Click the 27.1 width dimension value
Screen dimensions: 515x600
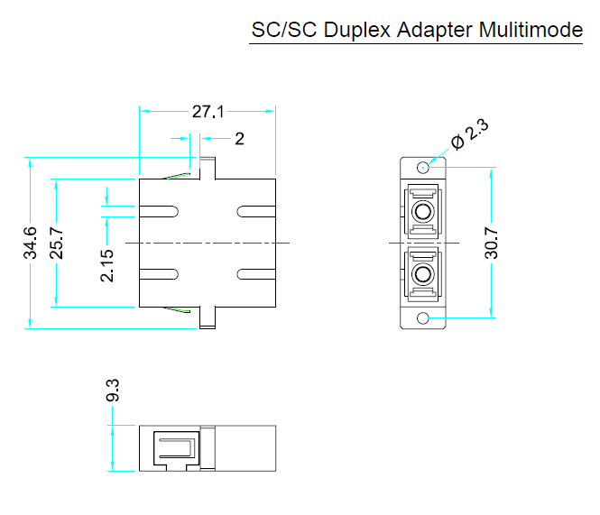(208, 112)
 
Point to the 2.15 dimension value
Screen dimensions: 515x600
(107, 264)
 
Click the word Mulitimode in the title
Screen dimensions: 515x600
(531, 30)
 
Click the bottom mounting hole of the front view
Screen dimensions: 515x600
(422, 318)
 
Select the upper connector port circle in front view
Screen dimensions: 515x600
(422, 214)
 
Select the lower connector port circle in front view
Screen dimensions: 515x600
(422, 274)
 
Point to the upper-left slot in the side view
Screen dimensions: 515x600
(159, 213)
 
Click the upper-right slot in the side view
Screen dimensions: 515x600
(255, 213)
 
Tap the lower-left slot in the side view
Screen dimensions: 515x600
(159, 274)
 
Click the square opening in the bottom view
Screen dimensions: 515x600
(176, 447)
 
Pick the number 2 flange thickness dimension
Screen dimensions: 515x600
(239, 138)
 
